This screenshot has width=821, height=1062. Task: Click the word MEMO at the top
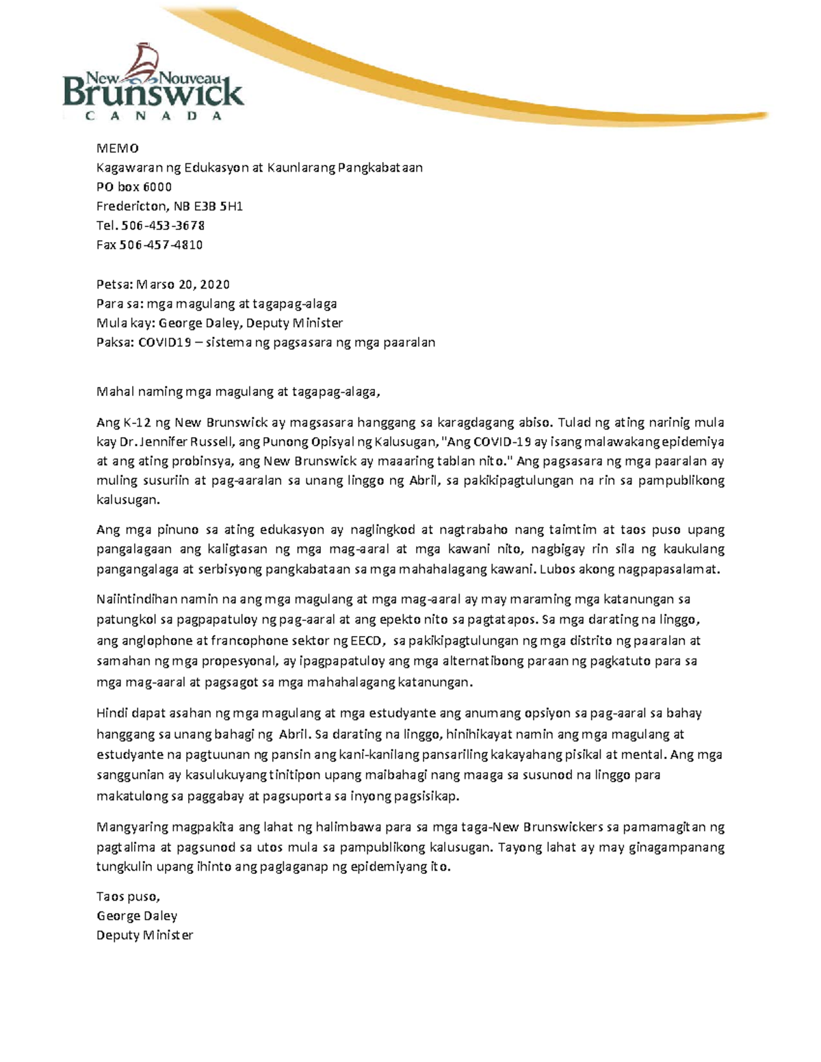[x=117, y=148]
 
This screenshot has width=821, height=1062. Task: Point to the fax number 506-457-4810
[x=161, y=244]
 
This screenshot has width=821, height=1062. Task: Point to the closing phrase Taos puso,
[x=128, y=896]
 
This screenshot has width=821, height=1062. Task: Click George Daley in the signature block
[x=137, y=916]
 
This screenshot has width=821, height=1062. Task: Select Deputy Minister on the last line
[x=144, y=935]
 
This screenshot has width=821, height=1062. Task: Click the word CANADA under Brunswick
[x=154, y=116]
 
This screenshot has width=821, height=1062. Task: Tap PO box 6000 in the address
[x=133, y=187]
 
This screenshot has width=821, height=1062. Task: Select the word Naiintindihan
[x=137, y=599]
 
